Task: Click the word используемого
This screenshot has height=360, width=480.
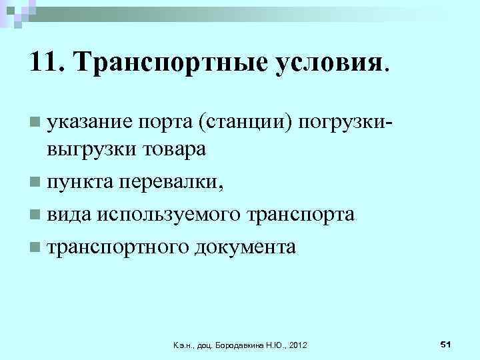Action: (169, 214)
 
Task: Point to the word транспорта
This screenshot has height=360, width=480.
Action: (300, 214)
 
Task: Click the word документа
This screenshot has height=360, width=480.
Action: (245, 247)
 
